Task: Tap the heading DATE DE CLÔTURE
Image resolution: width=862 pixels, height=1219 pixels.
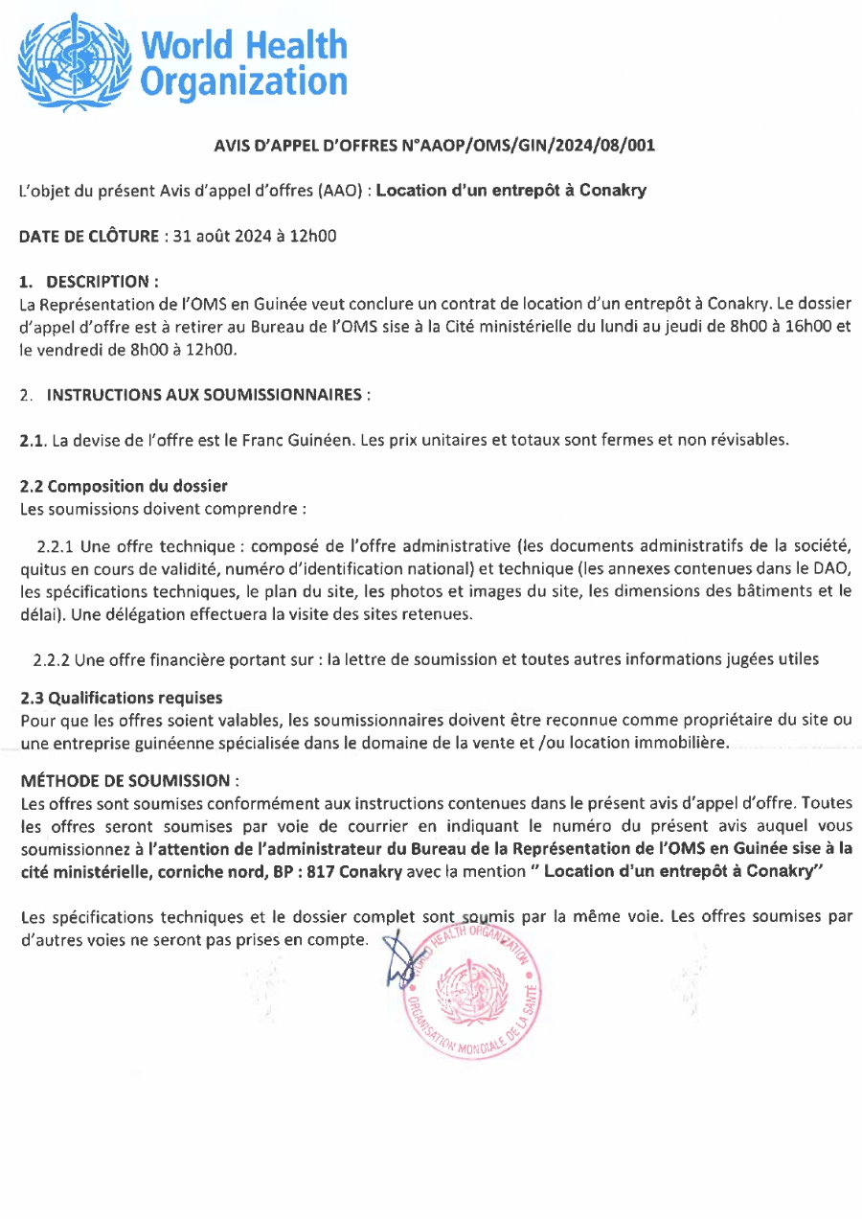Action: (89, 235)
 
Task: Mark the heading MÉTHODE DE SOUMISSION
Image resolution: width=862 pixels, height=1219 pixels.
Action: (129, 780)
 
